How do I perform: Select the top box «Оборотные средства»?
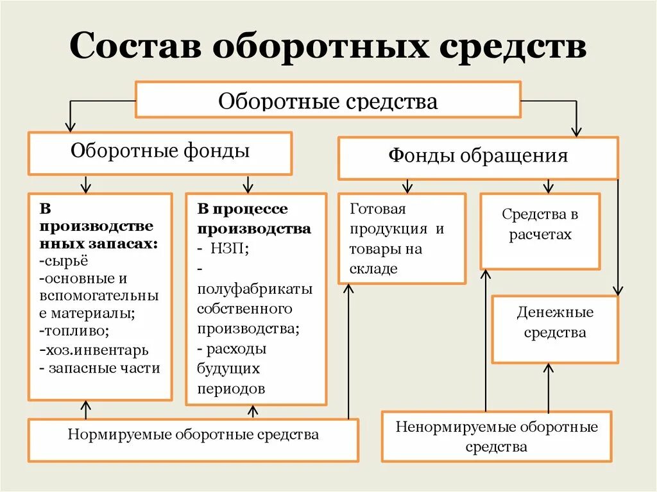tap(328, 100)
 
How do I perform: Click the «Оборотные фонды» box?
tap(160, 153)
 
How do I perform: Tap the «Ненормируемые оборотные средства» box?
tap(497, 437)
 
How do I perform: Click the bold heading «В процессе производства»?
tap(254, 219)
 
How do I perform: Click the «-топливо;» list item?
tap(74, 332)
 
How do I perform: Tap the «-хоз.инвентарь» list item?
tap(94, 350)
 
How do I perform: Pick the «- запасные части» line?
tap(99, 368)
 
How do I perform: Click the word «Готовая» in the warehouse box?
tap(378, 210)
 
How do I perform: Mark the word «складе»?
tap(373, 269)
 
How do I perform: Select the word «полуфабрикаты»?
tap(255, 289)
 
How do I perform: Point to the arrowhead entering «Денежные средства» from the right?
tap(617, 291)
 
